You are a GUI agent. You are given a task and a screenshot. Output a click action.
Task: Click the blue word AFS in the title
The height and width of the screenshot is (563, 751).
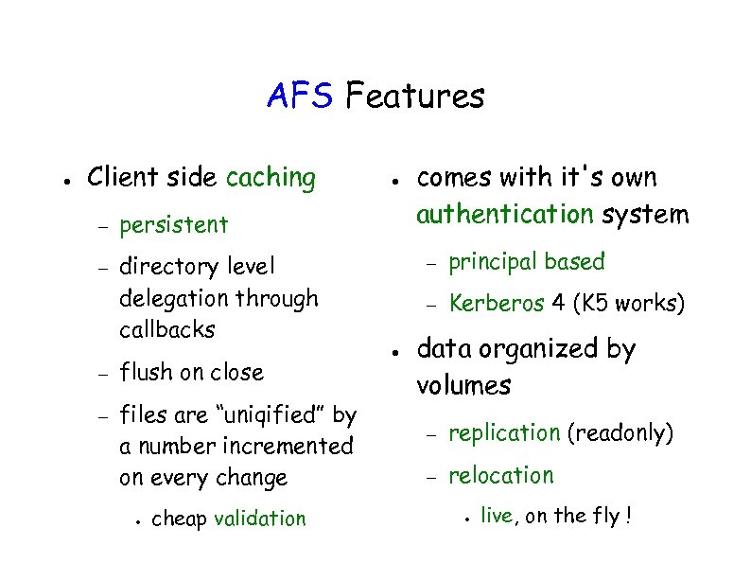coord(301,96)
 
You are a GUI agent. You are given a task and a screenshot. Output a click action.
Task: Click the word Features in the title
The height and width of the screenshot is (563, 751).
coord(415,96)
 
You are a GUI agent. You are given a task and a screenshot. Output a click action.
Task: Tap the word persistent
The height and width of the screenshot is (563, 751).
coord(174,225)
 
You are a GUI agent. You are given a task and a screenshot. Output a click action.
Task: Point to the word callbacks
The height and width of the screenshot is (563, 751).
coord(167,330)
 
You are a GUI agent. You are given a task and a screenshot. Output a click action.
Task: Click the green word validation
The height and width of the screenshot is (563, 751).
coord(260,519)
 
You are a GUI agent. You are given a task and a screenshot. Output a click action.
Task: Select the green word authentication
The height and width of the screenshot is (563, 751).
coord(505,215)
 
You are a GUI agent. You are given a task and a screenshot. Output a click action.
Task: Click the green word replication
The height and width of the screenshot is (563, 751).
coord(504,433)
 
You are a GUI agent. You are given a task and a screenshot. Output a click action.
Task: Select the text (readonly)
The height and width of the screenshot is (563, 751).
coord(620,433)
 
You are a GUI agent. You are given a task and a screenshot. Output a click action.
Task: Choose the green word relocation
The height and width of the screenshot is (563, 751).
coord(500,475)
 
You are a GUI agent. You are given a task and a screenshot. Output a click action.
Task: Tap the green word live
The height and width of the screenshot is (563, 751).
coord(497,516)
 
